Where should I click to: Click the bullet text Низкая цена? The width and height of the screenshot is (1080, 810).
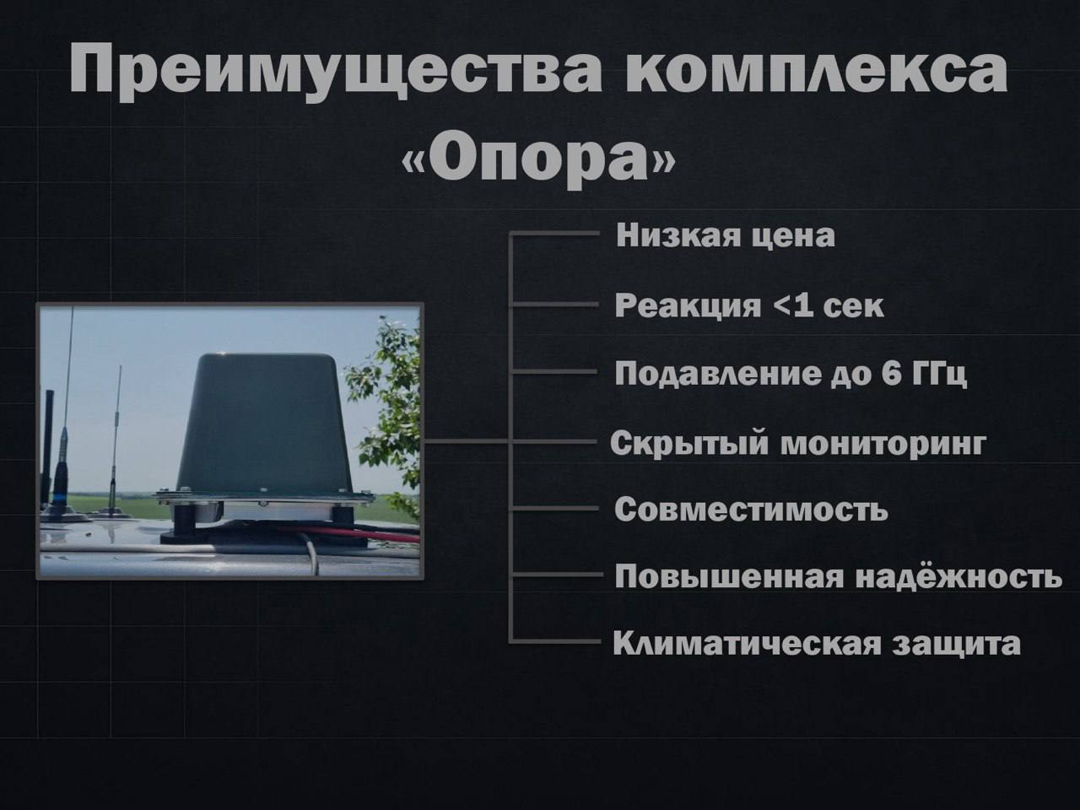tap(726, 235)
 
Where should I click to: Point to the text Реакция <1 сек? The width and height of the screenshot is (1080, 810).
tap(749, 305)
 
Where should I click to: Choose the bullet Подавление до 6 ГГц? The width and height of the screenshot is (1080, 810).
tap(791, 375)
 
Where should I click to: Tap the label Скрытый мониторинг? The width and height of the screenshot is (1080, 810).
tap(798, 444)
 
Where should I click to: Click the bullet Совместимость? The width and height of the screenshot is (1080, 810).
tap(751, 509)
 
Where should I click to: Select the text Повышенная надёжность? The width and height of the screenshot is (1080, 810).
tap(839, 575)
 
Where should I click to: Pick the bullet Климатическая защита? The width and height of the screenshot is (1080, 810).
tap(817, 643)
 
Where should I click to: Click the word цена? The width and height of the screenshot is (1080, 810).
tap(793, 236)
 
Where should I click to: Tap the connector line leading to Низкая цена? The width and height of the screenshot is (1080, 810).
tap(554, 234)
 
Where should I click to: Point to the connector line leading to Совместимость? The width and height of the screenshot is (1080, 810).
tap(554, 508)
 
